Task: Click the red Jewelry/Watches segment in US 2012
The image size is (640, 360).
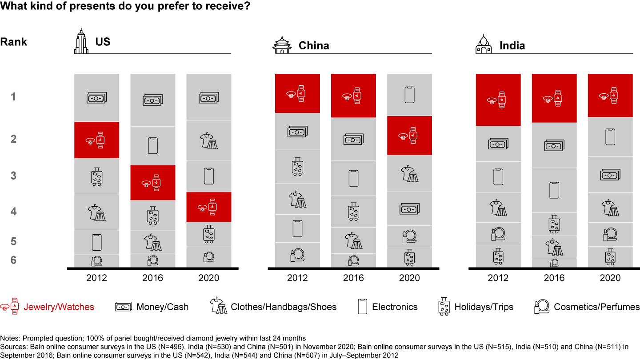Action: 96,140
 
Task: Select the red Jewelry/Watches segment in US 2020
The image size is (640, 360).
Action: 208,207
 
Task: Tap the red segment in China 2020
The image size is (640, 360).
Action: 409,135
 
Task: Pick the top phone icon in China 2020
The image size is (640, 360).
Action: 409,95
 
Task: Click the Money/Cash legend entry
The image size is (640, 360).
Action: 162,307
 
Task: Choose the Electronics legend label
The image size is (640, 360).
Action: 395,307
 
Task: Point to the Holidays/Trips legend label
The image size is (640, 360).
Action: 484,307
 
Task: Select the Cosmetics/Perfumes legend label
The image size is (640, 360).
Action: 596,307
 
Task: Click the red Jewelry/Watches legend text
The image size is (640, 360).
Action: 59,307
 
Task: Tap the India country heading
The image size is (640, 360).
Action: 512,45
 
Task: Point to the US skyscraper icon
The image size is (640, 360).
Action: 81,41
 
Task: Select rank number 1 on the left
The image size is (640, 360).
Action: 13,96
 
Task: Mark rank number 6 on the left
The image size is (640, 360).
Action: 13,260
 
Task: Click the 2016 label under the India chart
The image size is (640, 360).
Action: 554,278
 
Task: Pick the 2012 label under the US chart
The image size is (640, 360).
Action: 96,278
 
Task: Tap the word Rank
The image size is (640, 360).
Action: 13,42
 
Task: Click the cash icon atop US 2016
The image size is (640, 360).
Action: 152,100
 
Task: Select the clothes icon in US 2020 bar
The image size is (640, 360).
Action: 208,140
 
